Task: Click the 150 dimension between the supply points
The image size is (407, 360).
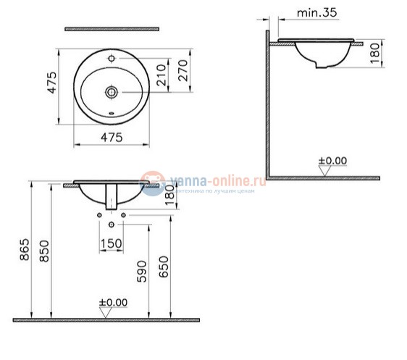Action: tap(110, 243)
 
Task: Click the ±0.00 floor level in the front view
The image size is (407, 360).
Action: tap(112, 302)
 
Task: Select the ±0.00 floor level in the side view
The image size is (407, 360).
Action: tap(332, 160)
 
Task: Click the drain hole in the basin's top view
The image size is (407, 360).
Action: tap(111, 92)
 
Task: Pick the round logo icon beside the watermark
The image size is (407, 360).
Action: tap(152, 184)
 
